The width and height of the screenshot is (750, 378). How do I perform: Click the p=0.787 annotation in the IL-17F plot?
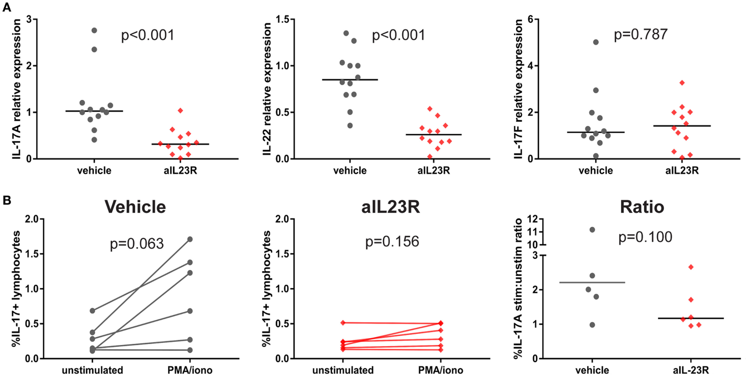coord(640,34)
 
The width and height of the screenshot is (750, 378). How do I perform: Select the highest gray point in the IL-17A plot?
coord(94,30)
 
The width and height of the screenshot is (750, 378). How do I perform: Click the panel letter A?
coord(6,7)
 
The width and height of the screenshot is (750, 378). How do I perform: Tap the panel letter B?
coord(6,200)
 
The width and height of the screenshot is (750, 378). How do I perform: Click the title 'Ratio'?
coord(642,207)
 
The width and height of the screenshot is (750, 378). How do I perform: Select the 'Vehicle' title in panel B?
coord(135,207)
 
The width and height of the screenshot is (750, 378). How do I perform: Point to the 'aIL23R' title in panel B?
coord(391,207)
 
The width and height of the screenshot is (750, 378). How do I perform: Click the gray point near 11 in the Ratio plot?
coord(592,230)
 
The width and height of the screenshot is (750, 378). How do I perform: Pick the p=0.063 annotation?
coord(137,244)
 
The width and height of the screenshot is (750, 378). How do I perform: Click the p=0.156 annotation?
coord(392,242)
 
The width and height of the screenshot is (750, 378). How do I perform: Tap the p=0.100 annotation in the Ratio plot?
coord(645,237)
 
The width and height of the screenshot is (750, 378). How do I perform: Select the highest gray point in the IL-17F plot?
coord(596,42)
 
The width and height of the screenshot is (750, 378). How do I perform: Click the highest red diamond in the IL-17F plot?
coord(682,83)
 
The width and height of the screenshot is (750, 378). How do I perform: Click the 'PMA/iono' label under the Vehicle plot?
coord(190,370)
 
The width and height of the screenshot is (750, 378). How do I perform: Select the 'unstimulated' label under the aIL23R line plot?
coord(343,370)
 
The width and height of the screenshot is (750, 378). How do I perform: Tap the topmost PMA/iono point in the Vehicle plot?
coord(190,240)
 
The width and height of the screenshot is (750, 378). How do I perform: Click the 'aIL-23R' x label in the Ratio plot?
coord(690,370)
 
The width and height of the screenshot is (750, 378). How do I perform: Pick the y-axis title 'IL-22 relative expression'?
coord(267,89)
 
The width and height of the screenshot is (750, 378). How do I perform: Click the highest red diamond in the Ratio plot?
coord(691,267)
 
